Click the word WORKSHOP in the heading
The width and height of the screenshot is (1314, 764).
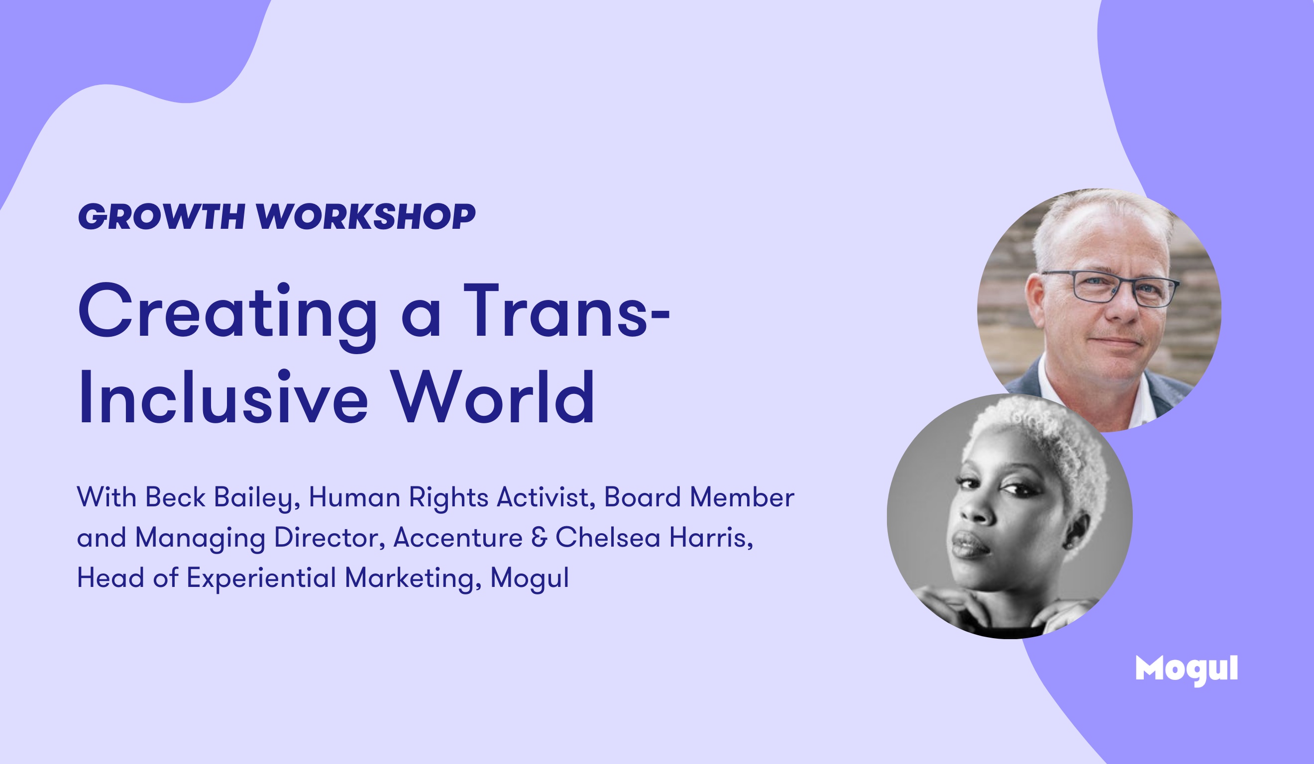[366, 216]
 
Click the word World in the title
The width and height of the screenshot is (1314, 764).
[493, 397]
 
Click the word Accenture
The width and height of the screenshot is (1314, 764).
[458, 538]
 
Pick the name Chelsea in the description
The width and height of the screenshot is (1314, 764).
[608, 537]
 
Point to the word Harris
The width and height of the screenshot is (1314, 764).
[711, 538]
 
